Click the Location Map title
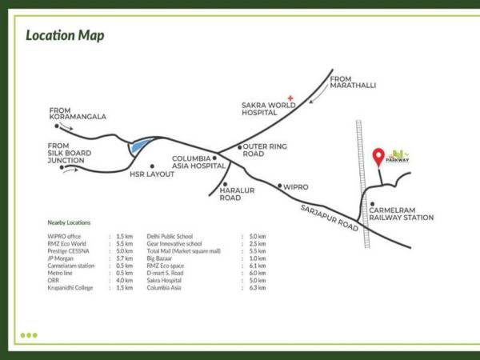pyautogui.click(x=65, y=36)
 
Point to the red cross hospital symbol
pyautogui.click(x=291, y=98)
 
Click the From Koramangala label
pyautogui.click(x=78, y=113)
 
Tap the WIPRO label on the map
pyautogui.click(x=295, y=186)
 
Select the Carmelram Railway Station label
pyautogui.click(x=401, y=214)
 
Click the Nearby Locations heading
pyautogui.click(x=69, y=222)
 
